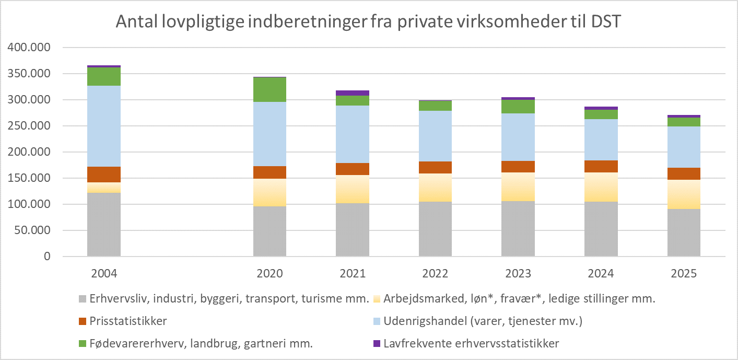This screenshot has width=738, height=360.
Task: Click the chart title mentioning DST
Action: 368,22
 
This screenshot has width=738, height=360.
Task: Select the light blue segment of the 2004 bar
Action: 104,126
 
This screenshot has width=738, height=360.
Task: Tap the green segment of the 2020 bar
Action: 270,89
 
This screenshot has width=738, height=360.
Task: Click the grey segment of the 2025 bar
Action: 684,233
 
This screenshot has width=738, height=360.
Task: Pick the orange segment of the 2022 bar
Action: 435,167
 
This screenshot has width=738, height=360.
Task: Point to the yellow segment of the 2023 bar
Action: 518,187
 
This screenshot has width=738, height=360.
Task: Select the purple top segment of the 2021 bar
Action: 353,93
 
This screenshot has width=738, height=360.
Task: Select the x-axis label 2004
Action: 104,273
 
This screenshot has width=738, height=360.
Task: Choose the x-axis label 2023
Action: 518,273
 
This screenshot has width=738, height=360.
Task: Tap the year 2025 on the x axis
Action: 684,273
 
